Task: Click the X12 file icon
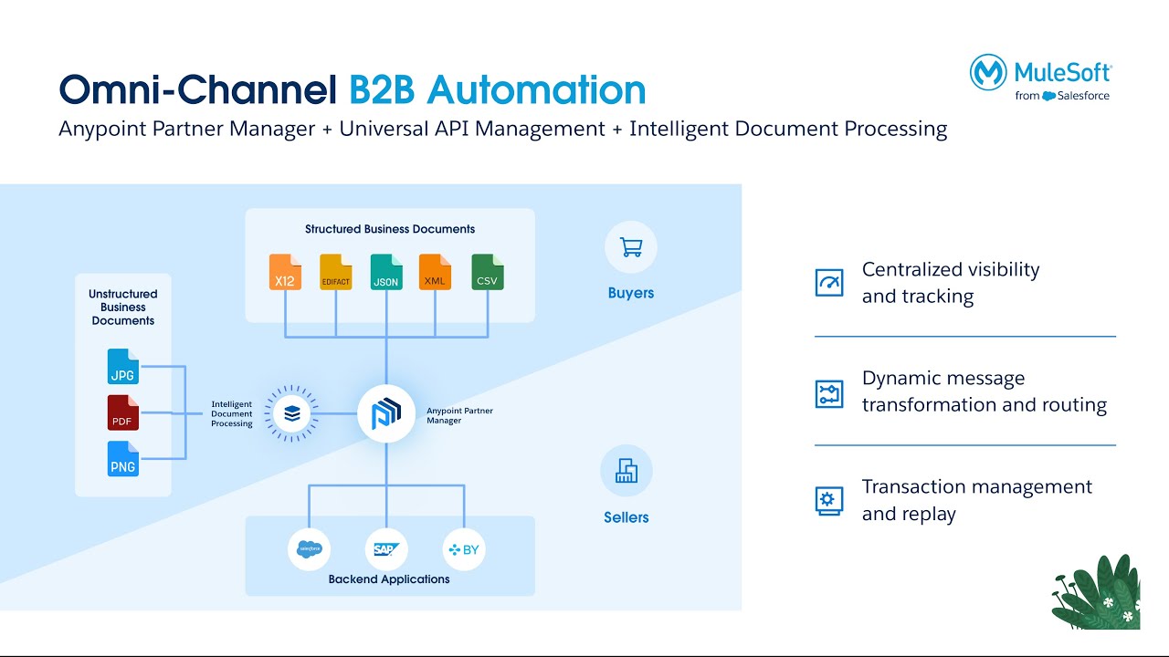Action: [x=285, y=272]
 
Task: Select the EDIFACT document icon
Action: [x=336, y=272]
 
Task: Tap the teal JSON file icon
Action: [x=386, y=272]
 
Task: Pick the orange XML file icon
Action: [x=435, y=272]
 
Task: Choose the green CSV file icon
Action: [x=488, y=272]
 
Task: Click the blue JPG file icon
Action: [x=122, y=367]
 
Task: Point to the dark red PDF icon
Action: [x=122, y=413]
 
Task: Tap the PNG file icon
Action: [x=122, y=459]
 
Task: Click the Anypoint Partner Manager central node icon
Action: [x=386, y=414]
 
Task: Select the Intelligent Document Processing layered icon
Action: [x=292, y=414]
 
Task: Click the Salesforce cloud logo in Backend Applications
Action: [x=309, y=549]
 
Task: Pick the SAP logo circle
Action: [x=386, y=549]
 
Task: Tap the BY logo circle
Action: [x=464, y=549]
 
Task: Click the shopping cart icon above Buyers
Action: [x=630, y=247]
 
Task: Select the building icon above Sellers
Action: [x=627, y=471]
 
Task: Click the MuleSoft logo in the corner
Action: [x=1041, y=77]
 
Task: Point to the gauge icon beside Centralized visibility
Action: [x=829, y=283]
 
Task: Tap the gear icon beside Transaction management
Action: [x=829, y=500]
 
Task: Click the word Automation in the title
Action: [x=536, y=89]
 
